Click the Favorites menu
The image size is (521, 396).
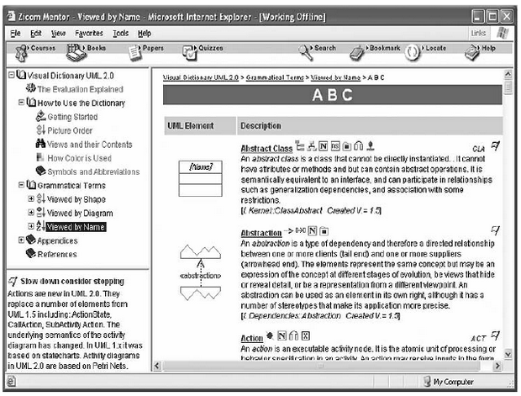click(x=89, y=33)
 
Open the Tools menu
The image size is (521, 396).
click(x=120, y=33)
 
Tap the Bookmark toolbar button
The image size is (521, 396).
click(x=380, y=49)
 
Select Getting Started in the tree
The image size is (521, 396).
click(x=72, y=117)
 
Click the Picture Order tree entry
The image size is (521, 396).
click(x=70, y=130)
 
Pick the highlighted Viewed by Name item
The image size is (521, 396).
click(x=76, y=226)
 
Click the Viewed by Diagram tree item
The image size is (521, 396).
click(x=81, y=213)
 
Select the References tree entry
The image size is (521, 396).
click(x=56, y=254)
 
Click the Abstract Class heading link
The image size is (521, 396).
click(x=266, y=149)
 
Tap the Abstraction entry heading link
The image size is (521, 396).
click(x=261, y=232)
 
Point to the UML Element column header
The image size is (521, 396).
click(x=194, y=126)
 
